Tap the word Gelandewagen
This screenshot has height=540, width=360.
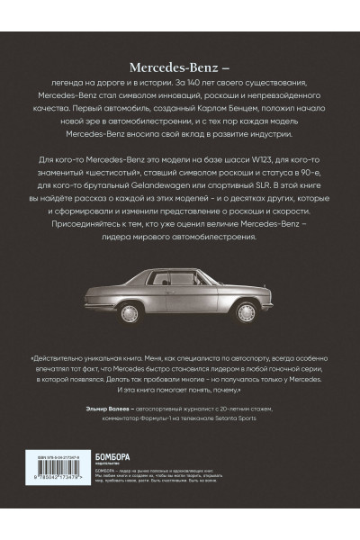(x=170, y=184)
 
